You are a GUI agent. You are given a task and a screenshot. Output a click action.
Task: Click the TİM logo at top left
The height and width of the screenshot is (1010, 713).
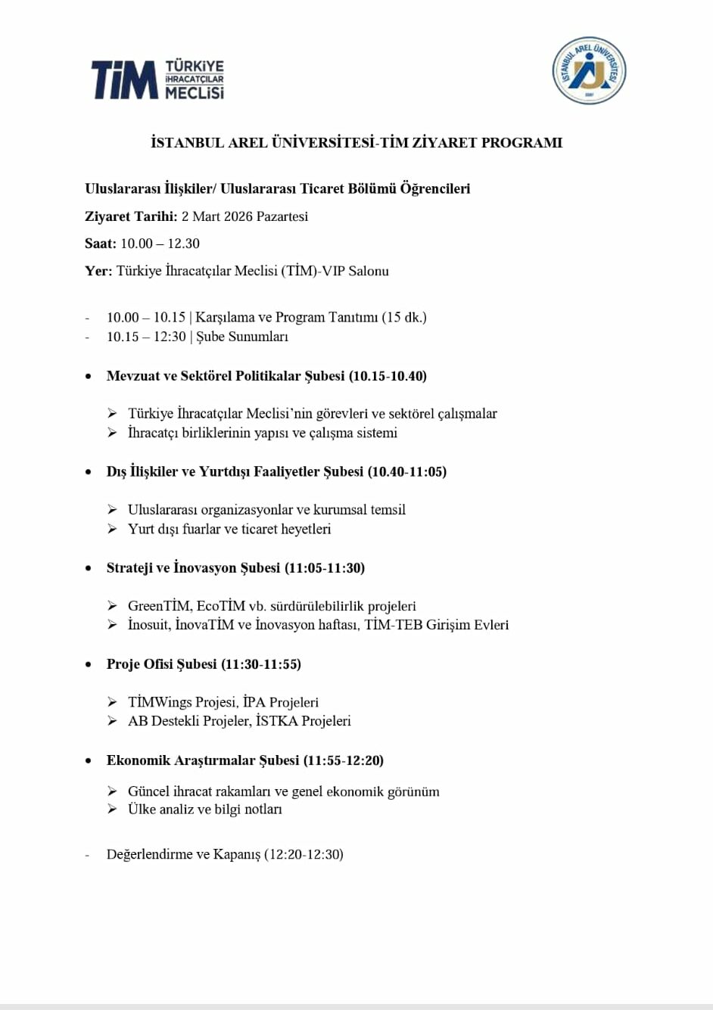(157, 79)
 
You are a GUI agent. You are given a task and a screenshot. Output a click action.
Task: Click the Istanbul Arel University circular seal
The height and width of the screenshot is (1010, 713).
(589, 70)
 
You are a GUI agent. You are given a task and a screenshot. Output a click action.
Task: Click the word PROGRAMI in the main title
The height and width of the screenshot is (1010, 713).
(522, 142)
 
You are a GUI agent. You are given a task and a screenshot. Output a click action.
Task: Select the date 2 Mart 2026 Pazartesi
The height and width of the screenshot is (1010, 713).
(244, 216)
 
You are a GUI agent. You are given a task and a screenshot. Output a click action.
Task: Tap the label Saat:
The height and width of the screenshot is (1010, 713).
(101, 244)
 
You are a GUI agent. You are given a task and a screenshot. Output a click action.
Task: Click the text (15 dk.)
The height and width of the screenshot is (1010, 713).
(404, 317)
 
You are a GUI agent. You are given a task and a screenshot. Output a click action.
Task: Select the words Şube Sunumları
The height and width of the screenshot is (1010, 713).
(242, 337)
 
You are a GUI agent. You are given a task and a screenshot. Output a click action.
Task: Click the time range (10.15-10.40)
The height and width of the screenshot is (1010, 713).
(388, 376)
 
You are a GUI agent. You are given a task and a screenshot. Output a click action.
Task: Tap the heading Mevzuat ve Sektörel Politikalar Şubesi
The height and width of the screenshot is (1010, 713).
(226, 376)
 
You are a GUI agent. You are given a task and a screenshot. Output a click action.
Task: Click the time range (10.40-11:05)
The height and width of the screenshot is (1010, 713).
(407, 471)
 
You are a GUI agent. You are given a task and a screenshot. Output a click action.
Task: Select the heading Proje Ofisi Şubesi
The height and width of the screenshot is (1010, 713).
(161, 664)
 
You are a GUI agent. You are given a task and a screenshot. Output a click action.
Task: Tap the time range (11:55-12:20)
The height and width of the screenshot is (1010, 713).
(344, 760)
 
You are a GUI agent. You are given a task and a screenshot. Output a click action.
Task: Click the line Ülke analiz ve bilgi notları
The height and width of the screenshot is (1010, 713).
(205, 810)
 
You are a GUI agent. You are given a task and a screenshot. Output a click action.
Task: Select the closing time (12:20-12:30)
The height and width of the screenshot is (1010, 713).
(304, 854)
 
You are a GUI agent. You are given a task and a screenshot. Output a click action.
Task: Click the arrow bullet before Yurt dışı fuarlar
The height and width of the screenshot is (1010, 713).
(112, 529)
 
